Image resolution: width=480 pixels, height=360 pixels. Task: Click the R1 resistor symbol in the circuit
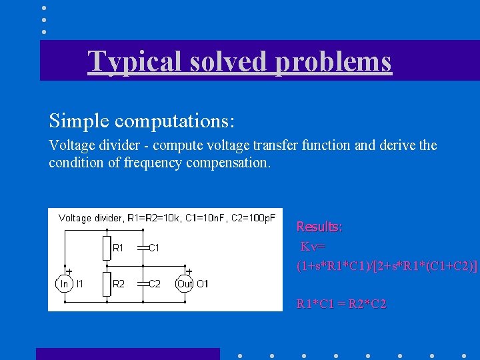coord(105,248)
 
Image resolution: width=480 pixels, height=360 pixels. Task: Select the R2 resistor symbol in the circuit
coord(105,283)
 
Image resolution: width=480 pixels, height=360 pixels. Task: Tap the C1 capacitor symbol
coord(141,248)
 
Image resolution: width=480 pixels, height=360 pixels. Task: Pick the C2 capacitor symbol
coord(141,283)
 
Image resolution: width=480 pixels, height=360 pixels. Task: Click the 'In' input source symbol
coord(64,284)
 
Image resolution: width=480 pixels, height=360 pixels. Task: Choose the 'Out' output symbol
coord(184,284)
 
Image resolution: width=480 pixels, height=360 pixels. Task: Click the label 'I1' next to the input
coord(80,284)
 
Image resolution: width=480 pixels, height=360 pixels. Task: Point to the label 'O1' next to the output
coord(203,284)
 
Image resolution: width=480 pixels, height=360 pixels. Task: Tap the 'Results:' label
coord(319,227)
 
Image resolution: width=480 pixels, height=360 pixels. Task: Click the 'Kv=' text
coord(312,247)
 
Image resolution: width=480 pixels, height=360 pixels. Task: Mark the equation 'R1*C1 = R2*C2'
coord(341,305)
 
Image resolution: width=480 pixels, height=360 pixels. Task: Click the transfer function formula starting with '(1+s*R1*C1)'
coord(387,266)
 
